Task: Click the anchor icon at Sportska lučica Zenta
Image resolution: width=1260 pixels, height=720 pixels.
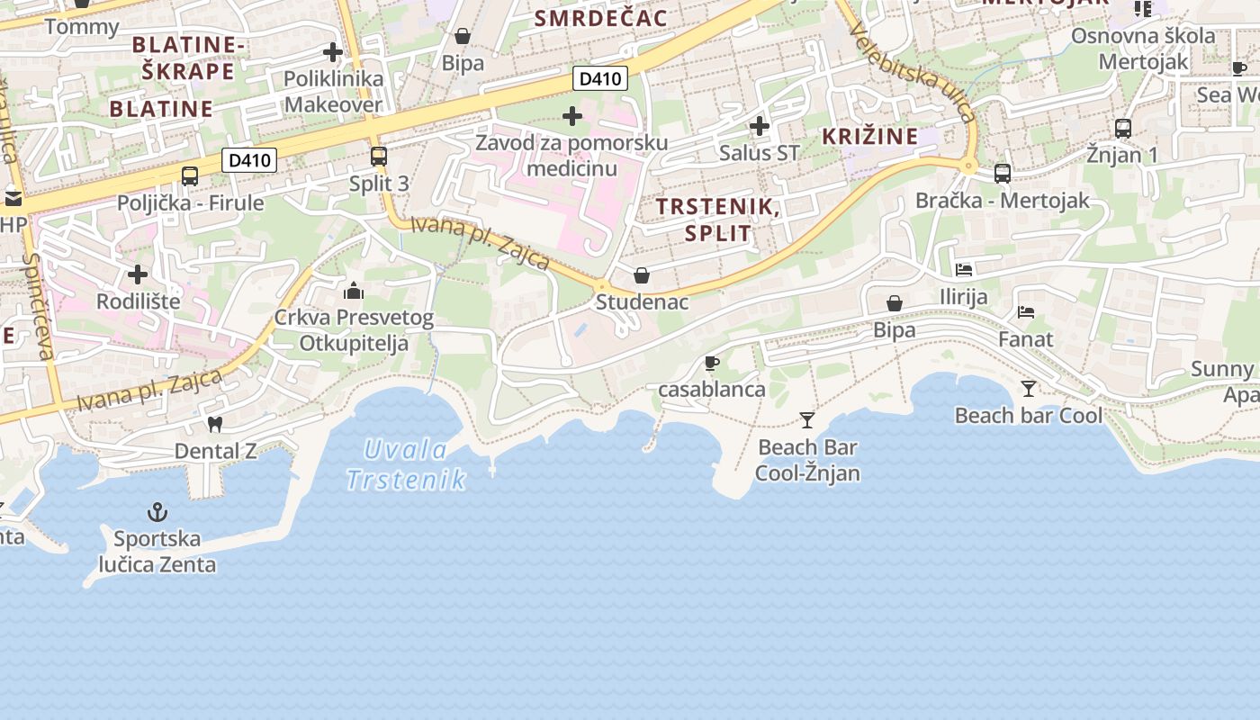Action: (x=157, y=513)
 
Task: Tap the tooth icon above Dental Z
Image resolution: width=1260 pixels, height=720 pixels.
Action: (x=214, y=423)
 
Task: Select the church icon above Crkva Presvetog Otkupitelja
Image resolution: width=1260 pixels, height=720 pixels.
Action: (x=353, y=291)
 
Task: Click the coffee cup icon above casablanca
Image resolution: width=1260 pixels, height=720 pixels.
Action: (x=711, y=363)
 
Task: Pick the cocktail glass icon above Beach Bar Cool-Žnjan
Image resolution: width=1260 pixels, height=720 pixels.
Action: (x=806, y=419)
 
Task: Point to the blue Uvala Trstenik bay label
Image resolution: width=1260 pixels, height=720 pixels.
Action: (x=406, y=464)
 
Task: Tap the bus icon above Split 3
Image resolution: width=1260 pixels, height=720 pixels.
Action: (x=378, y=156)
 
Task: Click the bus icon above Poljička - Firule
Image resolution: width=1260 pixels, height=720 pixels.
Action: (x=189, y=175)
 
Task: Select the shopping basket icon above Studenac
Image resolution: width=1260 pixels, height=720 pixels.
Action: (x=642, y=274)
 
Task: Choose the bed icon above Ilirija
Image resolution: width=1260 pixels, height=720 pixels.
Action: (x=963, y=269)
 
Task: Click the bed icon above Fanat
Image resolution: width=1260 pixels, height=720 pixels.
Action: (x=1025, y=312)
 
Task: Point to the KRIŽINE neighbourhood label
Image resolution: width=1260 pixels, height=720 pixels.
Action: (x=870, y=137)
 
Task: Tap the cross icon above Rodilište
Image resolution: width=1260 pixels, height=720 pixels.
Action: (x=138, y=274)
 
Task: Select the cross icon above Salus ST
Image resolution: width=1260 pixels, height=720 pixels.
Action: (x=760, y=125)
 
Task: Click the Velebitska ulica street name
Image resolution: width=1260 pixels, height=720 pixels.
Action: (x=911, y=72)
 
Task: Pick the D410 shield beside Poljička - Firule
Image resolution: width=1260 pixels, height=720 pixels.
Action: (x=249, y=160)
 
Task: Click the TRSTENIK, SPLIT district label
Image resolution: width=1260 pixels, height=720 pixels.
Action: (x=717, y=220)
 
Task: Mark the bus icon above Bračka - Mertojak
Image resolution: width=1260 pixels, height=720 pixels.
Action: (x=1002, y=174)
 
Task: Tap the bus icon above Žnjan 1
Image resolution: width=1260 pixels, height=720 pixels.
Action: (x=1122, y=128)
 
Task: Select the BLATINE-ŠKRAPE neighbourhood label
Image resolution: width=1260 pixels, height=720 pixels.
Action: (x=188, y=58)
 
